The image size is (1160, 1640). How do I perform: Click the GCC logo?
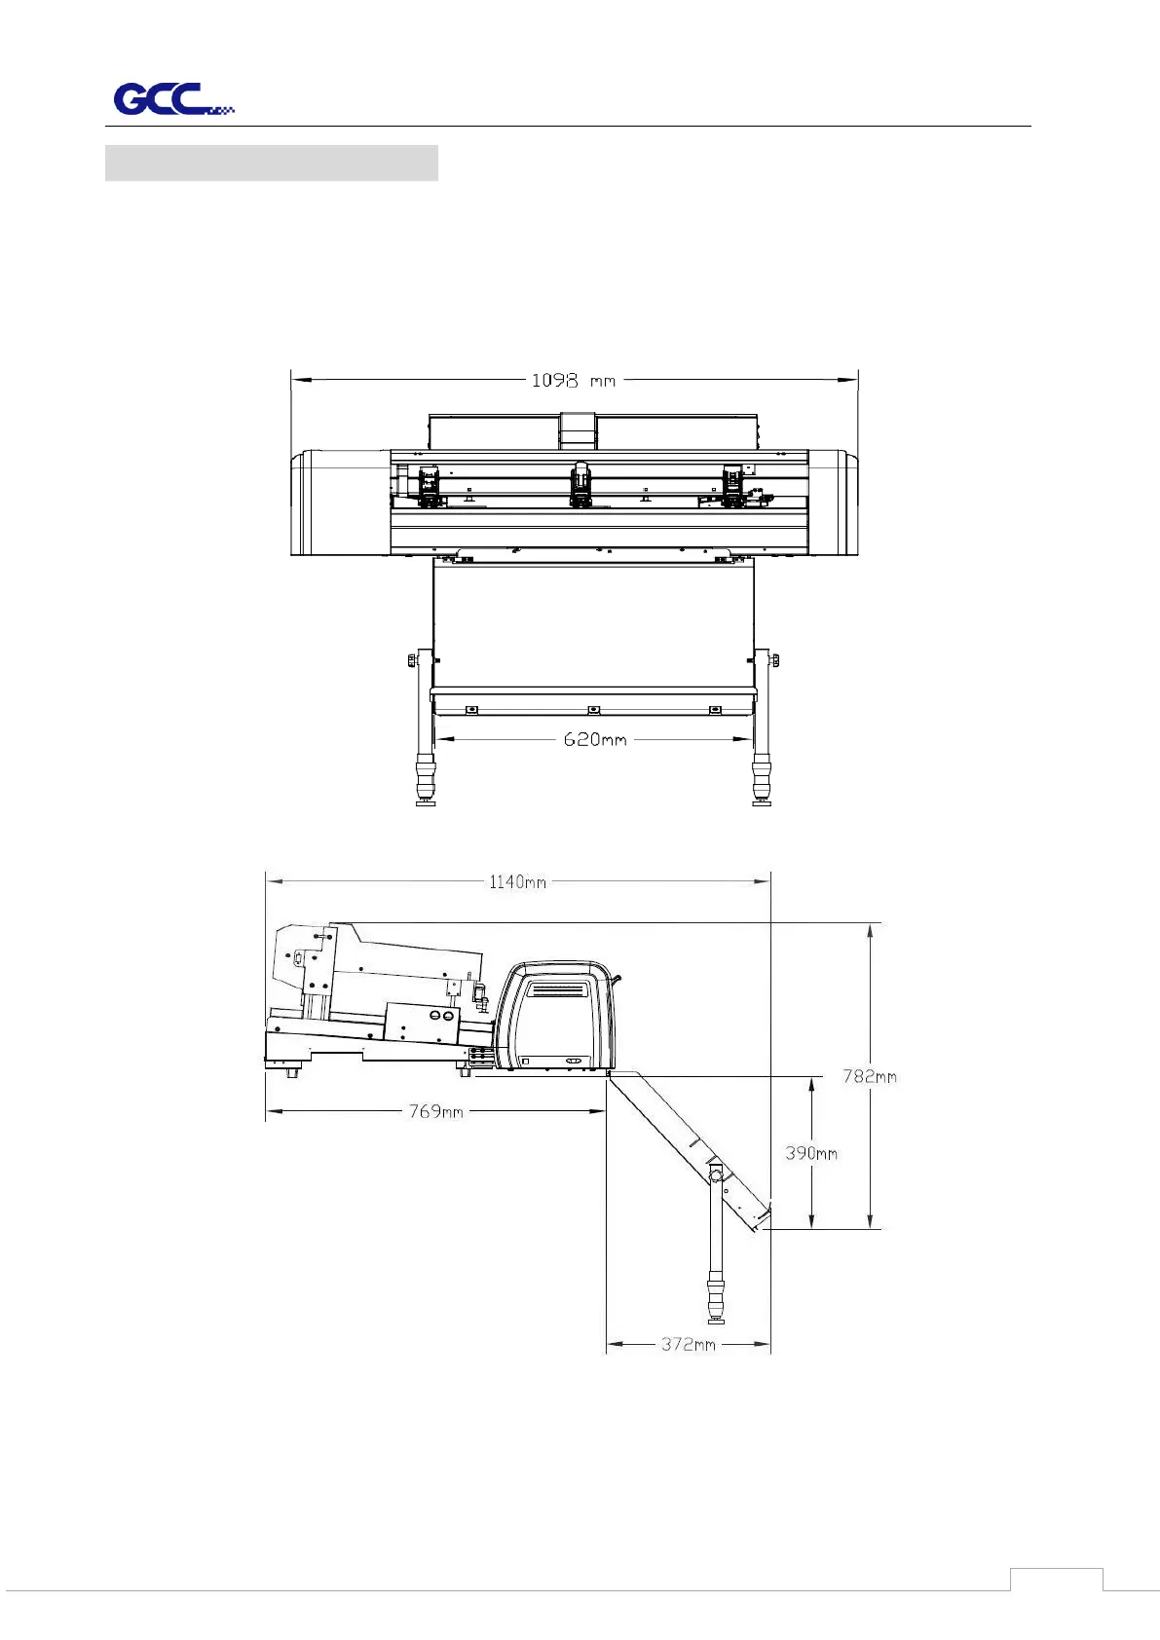tap(172, 99)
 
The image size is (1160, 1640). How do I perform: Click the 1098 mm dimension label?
tap(574, 381)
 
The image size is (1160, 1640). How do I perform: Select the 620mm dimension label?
tap(595, 739)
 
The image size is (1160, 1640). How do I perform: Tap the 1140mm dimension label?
tap(517, 881)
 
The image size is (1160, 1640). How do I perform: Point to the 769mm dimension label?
tap(435, 1111)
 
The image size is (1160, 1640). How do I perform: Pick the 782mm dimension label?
tap(869, 1076)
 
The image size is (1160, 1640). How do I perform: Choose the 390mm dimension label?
tap(811, 1153)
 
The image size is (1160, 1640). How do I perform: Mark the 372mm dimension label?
tap(689, 1344)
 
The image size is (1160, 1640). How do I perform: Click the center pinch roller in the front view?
tap(580, 484)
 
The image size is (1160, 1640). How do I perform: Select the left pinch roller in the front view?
tap(430, 485)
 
